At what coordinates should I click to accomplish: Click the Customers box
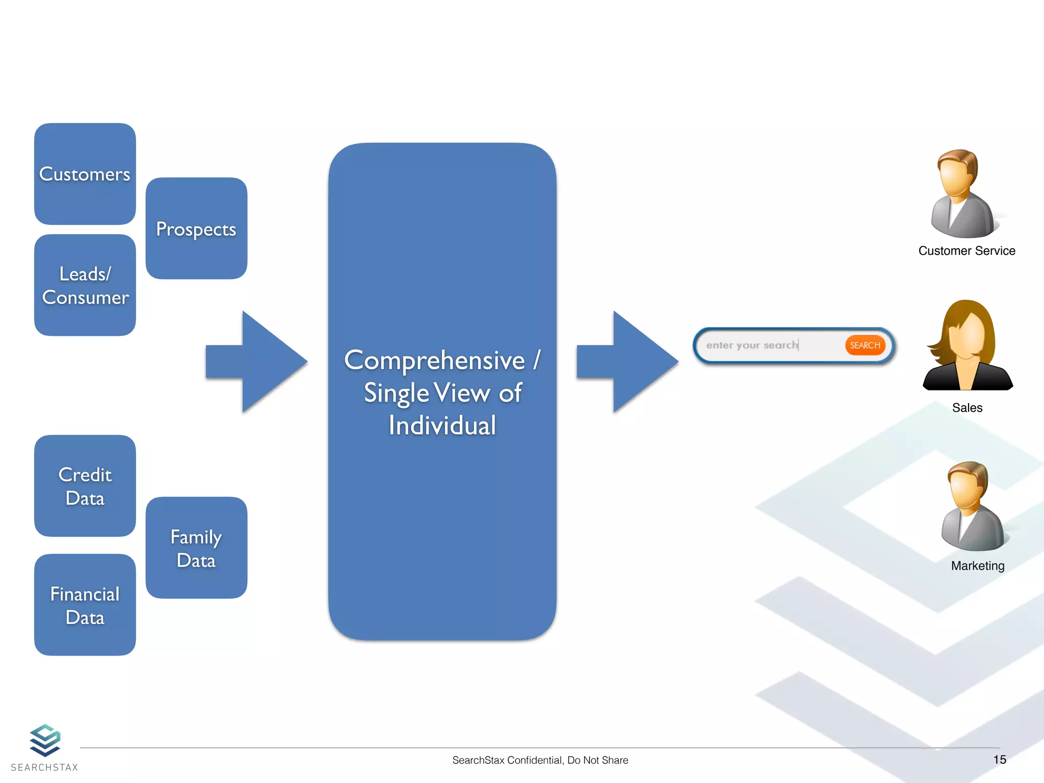(85, 174)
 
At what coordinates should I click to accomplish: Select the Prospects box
(196, 228)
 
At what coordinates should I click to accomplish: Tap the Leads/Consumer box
(85, 285)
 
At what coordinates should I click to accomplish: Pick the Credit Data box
(85, 486)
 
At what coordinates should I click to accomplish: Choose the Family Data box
(196, 547)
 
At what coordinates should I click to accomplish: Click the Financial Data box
(85, 605)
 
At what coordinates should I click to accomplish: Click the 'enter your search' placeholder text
(751, 345)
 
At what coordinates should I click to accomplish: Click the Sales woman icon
(967, 347)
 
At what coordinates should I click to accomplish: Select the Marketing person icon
(973, 507)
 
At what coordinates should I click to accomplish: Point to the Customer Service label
(967, 251)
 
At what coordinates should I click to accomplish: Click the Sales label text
(967, 408)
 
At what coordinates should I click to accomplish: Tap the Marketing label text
(977, 566)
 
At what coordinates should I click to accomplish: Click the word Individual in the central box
(442, 426)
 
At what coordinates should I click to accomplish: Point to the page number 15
(999, 760)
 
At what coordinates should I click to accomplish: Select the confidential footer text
(540, 760)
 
